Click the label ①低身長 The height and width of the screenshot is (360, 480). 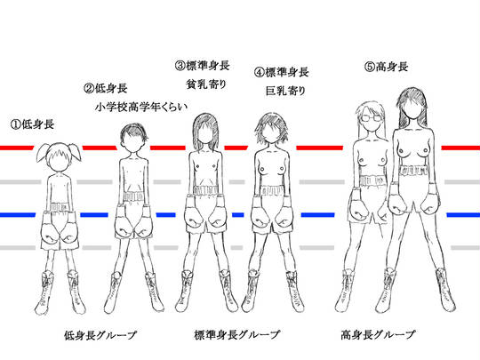pos(32,124)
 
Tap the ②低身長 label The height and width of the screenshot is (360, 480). pos(105,89)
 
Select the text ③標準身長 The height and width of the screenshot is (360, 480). pos(203,66)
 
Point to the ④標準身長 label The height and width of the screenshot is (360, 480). pos(281,72)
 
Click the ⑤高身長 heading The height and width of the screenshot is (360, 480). pos(387,67)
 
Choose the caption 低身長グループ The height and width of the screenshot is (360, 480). pos(100,335)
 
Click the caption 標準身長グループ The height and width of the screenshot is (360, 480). pos(237,334)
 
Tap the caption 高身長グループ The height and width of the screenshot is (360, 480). pos(379,334)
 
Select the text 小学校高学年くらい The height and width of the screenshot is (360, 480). pos(141,108)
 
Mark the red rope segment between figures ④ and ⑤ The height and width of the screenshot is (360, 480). pos(320,148)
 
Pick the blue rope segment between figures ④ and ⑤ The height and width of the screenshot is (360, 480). pos(317,215)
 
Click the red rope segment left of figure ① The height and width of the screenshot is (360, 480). pos(17,148)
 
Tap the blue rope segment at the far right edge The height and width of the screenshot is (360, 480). pos(463,215)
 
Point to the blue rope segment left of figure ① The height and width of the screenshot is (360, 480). pos(18,215)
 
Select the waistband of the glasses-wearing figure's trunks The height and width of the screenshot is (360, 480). pos(371,180)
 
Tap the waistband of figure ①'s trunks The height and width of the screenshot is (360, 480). pos(58,207)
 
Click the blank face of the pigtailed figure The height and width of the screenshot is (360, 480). pos(59,162)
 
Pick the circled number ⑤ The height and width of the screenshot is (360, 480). pos(370,67)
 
